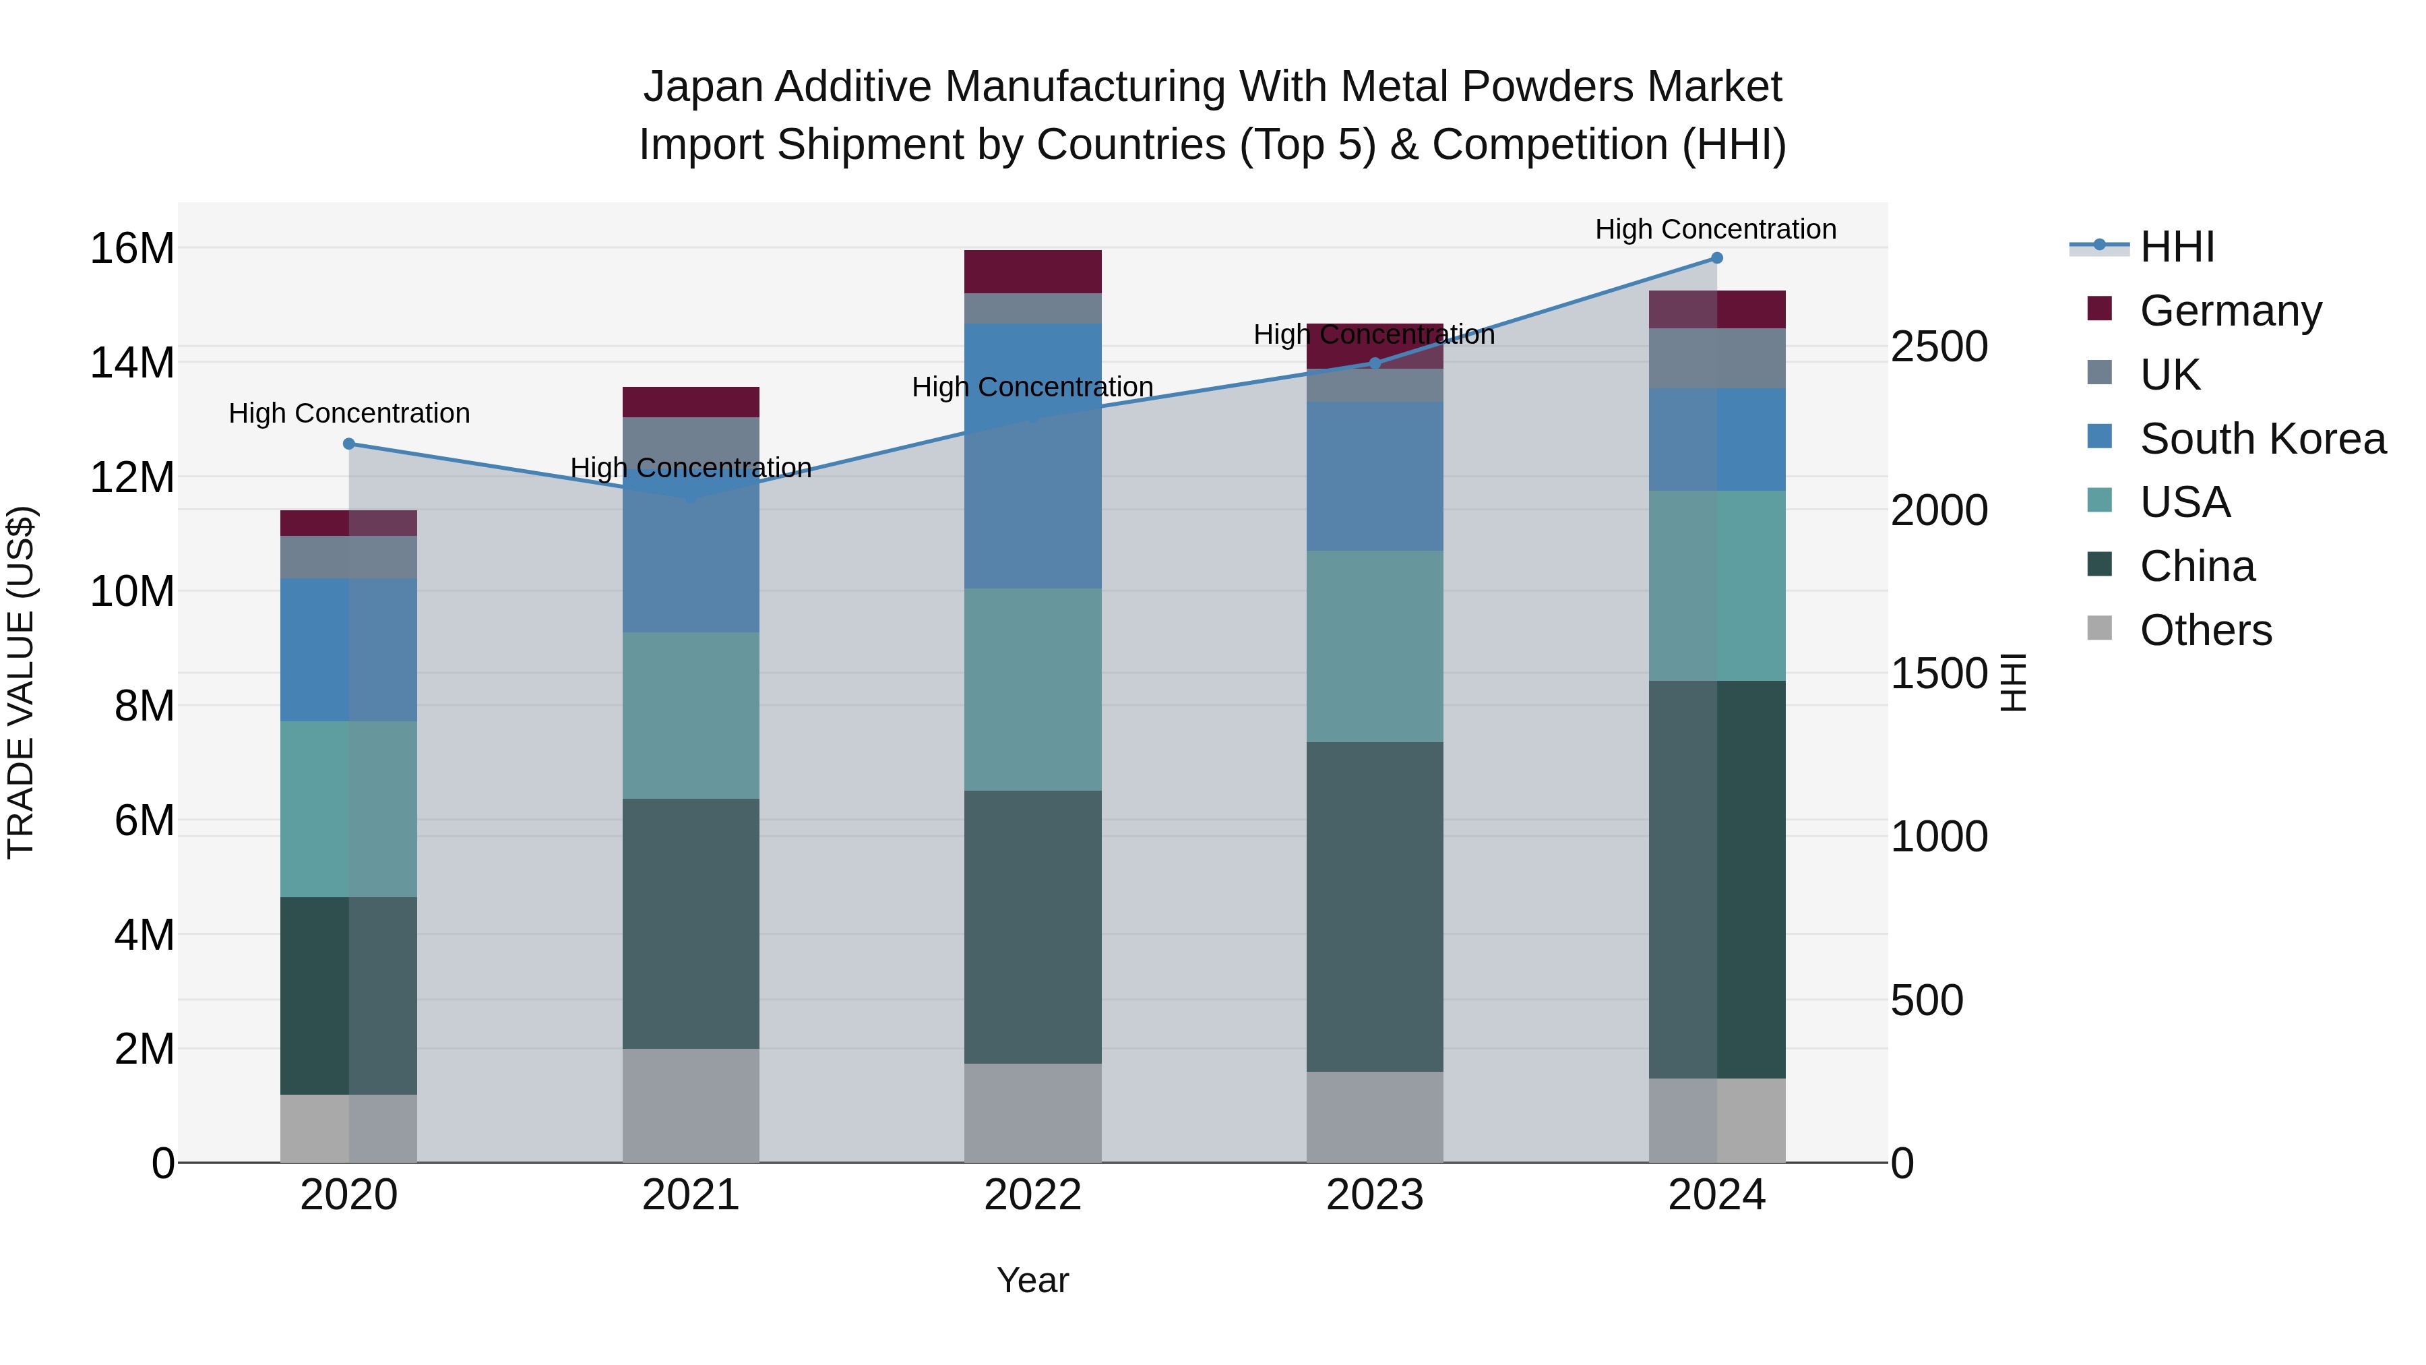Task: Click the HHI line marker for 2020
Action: pos(348,444)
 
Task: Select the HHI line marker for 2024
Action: pos(1717,258)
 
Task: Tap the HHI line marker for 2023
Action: pos(1375,363)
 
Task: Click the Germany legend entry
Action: pos(2230,311)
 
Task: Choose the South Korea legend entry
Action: pos(2262,439)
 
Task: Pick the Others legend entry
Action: pos(2205,630)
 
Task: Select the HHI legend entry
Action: pos(2177,247)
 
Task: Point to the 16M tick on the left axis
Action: pos(132,249)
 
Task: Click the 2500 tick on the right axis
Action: pos(1939,346)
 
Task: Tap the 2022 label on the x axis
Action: pos(1033,1195)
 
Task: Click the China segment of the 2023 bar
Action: pos(1375,906)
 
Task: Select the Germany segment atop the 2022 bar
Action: pos(1033,271)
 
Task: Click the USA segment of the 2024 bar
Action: pos(1717,585)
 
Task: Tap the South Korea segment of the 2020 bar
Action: pos(348,649)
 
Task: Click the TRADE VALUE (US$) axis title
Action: pos(21,682)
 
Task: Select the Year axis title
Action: pos(1032,1280)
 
